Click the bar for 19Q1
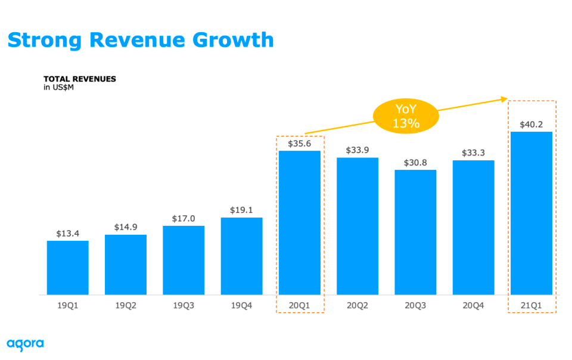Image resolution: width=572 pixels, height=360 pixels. pos(68,268)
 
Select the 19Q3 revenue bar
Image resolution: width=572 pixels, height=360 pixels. pos(184,260)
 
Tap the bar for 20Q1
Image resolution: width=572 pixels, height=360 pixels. pos(300,223)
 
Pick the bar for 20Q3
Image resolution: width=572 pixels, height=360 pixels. pos(415,232)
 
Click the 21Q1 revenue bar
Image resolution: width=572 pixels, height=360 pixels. pos(531,213)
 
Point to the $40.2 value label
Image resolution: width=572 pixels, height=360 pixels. pos(531,125)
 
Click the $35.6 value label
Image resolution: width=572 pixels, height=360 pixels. pos(300,144)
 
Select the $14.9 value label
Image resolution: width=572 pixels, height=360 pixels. pos(126,227)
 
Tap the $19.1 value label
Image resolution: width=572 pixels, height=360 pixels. pos(241,210)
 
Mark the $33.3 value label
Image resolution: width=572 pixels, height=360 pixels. pos(474,153)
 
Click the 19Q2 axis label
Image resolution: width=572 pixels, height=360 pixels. pos(126,305)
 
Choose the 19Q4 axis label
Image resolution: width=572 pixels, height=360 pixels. pos(241,305)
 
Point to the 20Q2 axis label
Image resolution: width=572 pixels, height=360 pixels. pos(357,305)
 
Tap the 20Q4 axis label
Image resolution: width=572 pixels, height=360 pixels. pos(474,305)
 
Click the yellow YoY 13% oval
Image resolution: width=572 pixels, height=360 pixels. pos(406,116)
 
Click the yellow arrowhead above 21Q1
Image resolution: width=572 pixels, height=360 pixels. pos(504,100)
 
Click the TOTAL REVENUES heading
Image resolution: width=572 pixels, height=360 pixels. pos(80,79)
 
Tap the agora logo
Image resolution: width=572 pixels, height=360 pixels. pos(25,344)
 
